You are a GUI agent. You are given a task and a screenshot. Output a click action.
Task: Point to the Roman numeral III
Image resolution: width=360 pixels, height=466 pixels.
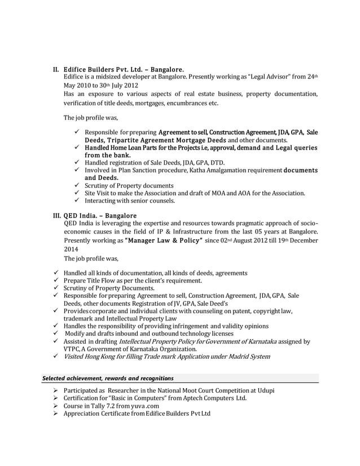click(56, 215)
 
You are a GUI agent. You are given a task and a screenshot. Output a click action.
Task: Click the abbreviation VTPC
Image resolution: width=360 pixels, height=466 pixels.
click(74, 349)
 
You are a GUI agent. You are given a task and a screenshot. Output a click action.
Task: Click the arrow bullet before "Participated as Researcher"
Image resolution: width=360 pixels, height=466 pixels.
click(55, 391)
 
